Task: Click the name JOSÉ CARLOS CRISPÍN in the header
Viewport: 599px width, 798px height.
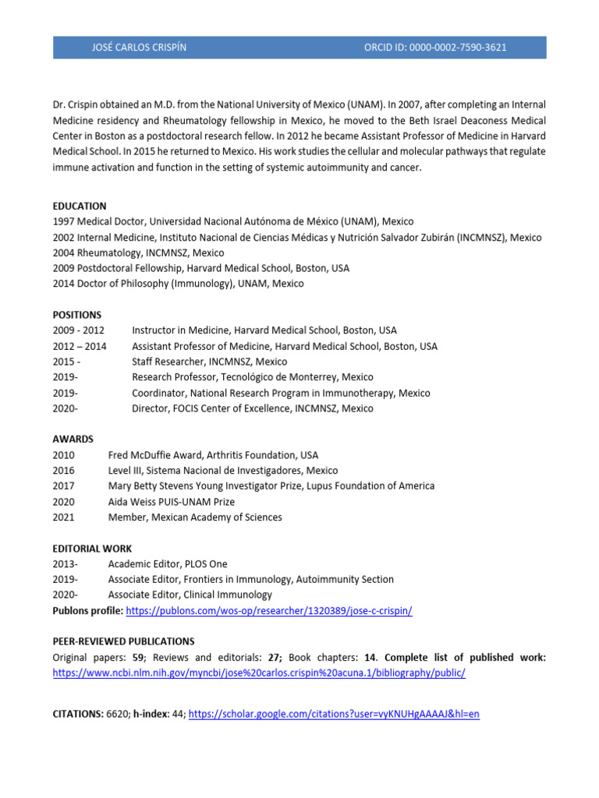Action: click(x=139, y=48)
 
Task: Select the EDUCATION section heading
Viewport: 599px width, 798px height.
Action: click(x=80, y=207)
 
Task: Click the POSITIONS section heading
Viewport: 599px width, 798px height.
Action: click(x=77, y=315)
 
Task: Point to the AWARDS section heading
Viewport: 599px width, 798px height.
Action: click(x=73, y=440)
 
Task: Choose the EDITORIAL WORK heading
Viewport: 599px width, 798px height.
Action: click(x=92, y=549)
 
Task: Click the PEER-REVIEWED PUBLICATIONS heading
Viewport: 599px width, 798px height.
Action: click(x=123, y=641)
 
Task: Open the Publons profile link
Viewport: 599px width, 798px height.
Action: click(x=269, y=611)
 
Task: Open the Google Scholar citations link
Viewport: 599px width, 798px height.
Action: click(x=334, y=713)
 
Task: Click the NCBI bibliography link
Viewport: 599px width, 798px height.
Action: click(x=259, y=673)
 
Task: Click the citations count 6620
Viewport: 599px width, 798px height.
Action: click(x=118, y=713)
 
